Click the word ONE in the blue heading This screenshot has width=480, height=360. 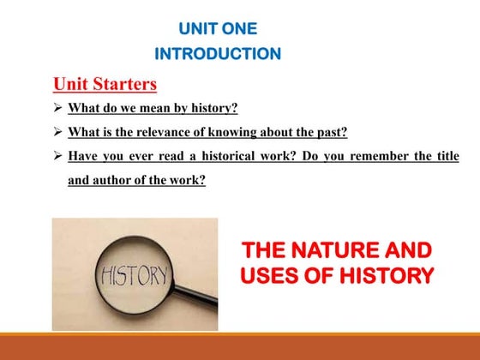(x=238, y=28)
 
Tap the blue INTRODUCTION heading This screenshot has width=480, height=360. (x=217, y=54)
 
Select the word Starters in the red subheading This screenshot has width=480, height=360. (x=126, y=84)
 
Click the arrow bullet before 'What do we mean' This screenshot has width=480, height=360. (x=57, y=109)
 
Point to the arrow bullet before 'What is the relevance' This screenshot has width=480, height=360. (x=57, y=133)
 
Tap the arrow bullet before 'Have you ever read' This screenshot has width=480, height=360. (x=57, y=157)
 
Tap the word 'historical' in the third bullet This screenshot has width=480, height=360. (x=226, y=157)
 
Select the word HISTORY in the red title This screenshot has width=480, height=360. (x=381, y=276)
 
